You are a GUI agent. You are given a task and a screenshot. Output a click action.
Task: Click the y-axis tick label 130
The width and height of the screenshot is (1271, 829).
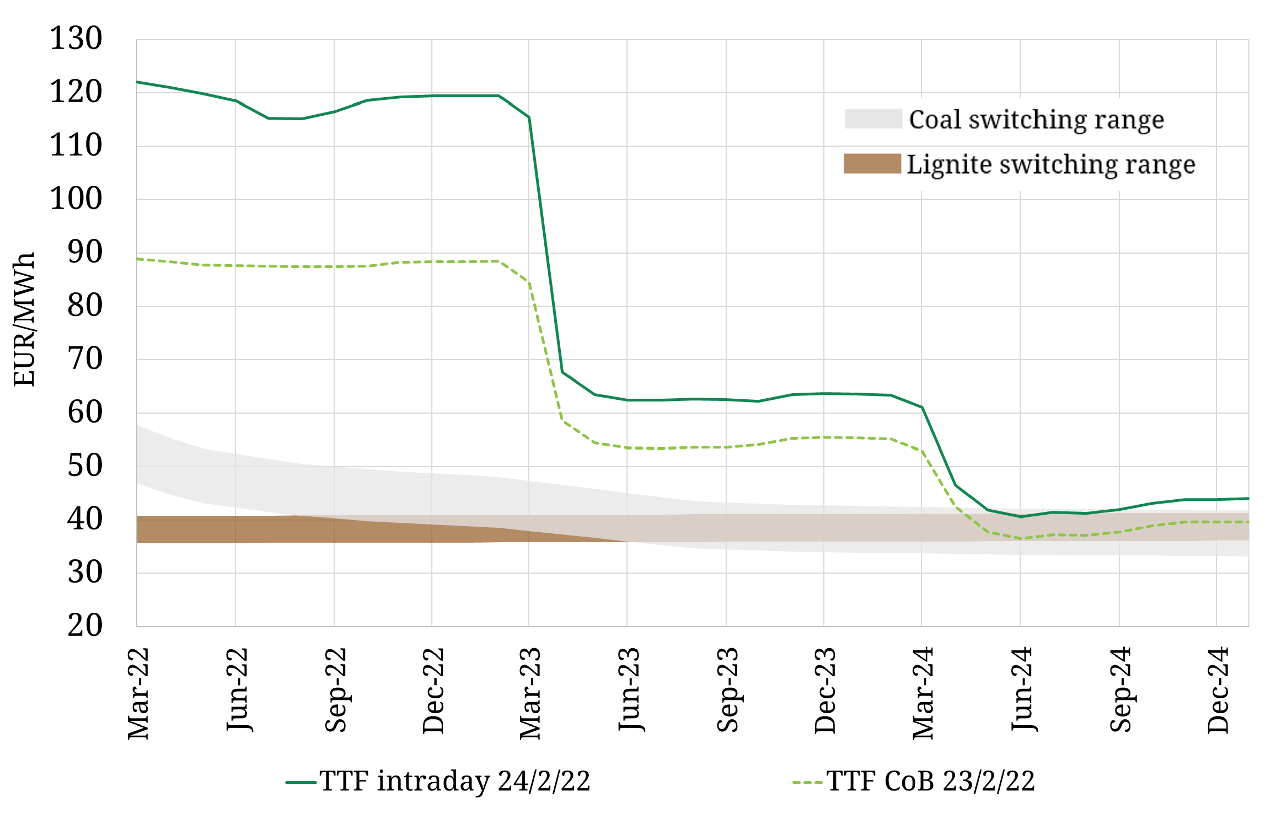[x=75, y=39]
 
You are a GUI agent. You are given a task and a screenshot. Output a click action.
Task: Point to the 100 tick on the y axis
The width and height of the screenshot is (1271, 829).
[x=75, y=199]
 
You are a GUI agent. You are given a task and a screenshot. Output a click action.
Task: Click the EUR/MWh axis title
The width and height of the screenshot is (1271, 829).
[x=24, y=319]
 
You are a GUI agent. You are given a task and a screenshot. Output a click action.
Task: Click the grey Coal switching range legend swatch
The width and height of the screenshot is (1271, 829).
[x=873, y=119]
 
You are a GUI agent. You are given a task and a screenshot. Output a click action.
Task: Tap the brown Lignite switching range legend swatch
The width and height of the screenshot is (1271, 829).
[x=872, y=163]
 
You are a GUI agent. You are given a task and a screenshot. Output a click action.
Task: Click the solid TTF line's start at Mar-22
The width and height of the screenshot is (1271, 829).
[x=137, y=82]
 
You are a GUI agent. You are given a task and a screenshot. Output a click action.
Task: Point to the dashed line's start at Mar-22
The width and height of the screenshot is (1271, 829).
[x=137, y=259]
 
